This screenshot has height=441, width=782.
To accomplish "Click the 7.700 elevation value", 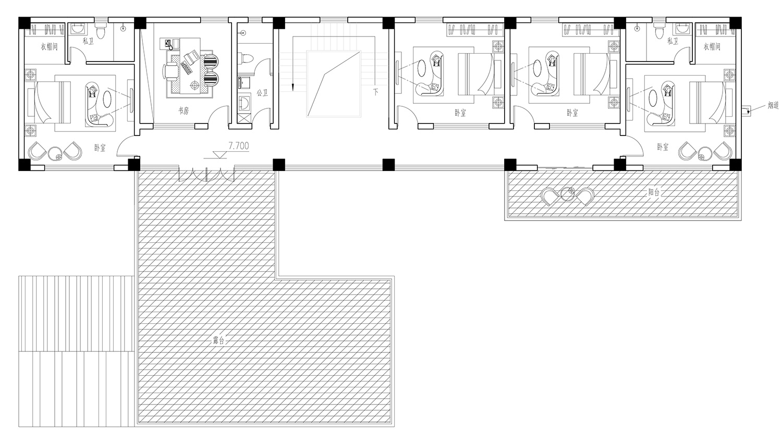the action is pyautogui.click(x=239, y=145).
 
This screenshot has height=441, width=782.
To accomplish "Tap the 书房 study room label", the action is pyautogui.click(x=184, y=111).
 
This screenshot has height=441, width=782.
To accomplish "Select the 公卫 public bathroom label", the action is pyautogui.click(x=262, y=93).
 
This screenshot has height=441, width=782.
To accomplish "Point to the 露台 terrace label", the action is pyautogui.click(x=218, y=340).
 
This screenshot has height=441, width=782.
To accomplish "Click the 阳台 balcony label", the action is pyautogui.click(x=654, y=192).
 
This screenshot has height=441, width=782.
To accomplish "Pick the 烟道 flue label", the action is pyautogui.click(x=773, y=105).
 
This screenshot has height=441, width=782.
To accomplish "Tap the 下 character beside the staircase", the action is pyautogui.click(x=376, y=92).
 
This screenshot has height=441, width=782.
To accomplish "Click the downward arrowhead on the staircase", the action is pyautogui.click(x=292, y=88).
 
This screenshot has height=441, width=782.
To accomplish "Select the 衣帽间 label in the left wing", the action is pyautogui.click(x=49, y=46).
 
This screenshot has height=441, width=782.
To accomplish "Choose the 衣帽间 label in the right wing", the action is pyautogui.click(x=712, y=46).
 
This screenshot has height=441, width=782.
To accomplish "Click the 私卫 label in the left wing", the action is pyautogui.click(x=88, y=41).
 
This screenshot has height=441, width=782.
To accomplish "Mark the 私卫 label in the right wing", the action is pyautogui.click(x=673, y=41).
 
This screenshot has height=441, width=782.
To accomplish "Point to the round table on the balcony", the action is pyautogui.click(x=567, y=194).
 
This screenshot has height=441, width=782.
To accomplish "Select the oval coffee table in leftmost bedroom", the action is pyautogui.click(x=108, y=99).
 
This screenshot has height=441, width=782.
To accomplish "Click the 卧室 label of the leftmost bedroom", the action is pyautogui.click(x=100, y=148).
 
